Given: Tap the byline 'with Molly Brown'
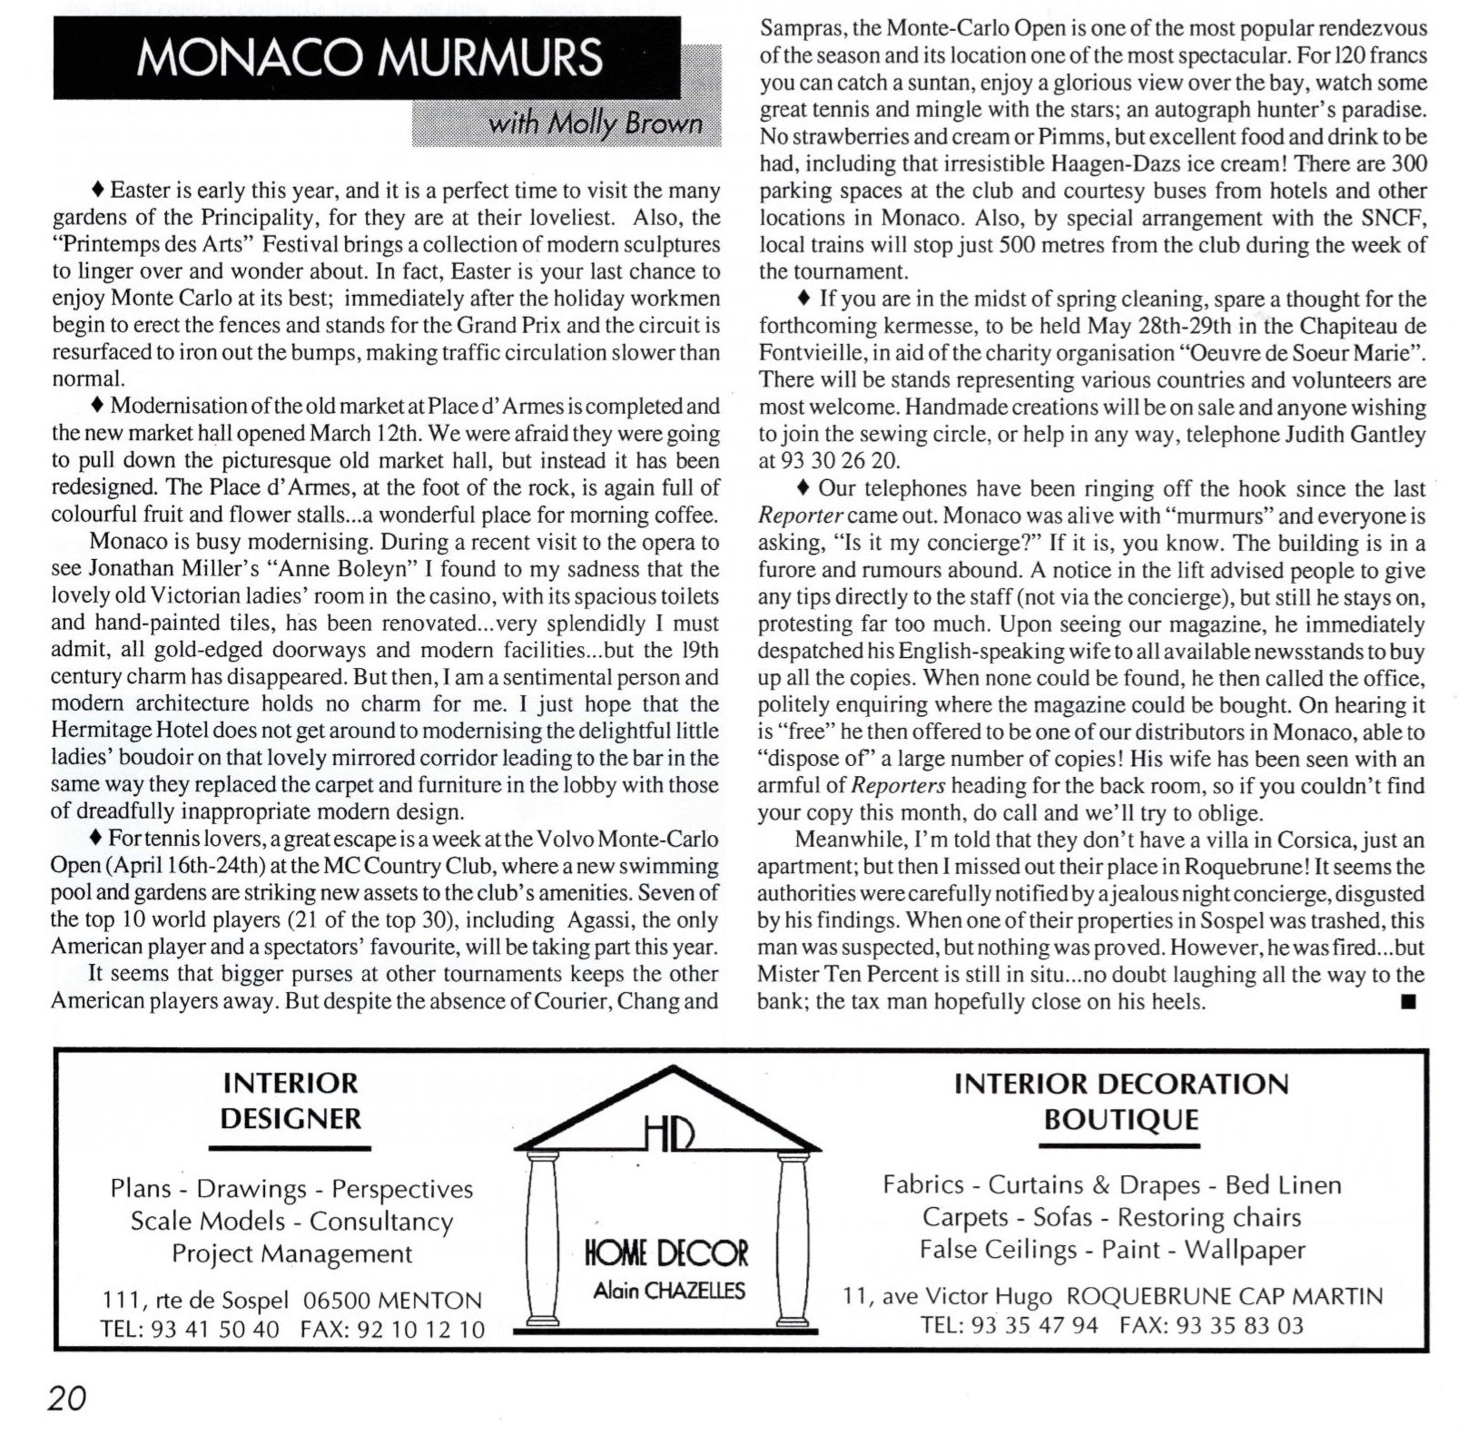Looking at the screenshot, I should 595,123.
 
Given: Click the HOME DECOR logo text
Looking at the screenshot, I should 667,1254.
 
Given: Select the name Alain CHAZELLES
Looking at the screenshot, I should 669,1290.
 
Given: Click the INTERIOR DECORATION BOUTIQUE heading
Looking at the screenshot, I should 1121,1101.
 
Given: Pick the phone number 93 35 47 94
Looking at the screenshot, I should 1035,1325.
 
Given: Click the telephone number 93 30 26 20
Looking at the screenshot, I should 838,461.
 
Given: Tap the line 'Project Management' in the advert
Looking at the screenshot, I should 292,1254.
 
